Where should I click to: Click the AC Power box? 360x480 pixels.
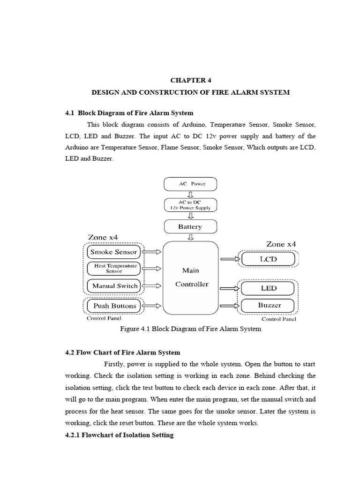pos(191,184)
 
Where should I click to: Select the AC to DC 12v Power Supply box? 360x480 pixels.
pos(191,205)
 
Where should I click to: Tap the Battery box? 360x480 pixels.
pos(191,227)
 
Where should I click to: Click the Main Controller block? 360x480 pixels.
pos(191,277)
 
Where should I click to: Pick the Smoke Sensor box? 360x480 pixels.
pos(114,252)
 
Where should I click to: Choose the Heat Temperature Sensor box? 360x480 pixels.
pos(114,268)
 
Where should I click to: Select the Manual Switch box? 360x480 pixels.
pos(114,285)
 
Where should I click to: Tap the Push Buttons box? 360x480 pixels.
pos(114,306)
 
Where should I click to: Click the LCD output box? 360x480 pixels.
pos(268,259)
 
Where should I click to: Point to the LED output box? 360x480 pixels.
pos(268,288)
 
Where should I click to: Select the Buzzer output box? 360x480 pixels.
pos(268,306)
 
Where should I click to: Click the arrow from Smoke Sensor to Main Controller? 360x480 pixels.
pos(152,252)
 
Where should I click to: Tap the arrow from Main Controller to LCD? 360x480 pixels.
pos(229,259)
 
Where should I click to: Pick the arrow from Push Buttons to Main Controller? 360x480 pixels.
pos(152,306)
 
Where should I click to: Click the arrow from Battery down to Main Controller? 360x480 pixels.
pos(191,237)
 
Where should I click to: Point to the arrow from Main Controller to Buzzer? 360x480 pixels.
pos(229,306)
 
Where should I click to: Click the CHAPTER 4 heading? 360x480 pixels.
pos(191,80)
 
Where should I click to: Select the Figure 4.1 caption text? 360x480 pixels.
pos(191,329)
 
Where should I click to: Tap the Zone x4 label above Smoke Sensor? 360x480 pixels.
pos(103,237)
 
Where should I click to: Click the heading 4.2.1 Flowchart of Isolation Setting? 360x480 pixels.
pos(119,435)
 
